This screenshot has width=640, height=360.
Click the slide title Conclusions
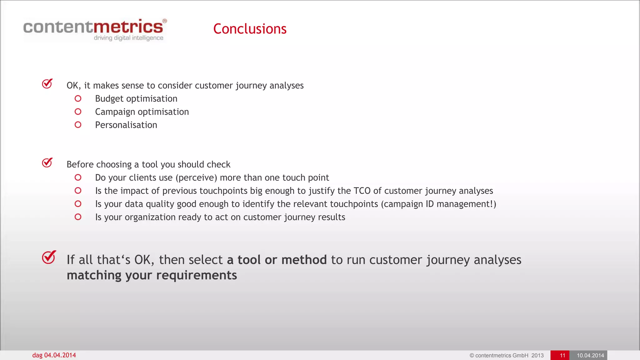250,29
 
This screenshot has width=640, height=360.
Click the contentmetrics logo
94,27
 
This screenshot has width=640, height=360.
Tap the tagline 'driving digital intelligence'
128,38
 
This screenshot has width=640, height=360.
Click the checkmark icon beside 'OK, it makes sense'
47,84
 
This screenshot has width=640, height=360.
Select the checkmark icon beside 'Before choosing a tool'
47,162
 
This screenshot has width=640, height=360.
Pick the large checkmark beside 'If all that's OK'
49,257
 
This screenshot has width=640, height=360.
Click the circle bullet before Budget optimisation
78,99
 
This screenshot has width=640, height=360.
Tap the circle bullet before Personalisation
78,125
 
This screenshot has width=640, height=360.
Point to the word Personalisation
126,125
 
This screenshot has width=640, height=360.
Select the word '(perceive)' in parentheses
196,177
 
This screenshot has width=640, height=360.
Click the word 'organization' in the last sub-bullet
151,217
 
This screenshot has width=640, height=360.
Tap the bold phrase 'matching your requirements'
152,275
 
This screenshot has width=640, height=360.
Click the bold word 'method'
304,260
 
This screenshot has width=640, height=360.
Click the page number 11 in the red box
562,355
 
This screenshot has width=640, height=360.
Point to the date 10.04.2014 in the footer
590,355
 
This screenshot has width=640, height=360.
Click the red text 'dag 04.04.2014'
54,355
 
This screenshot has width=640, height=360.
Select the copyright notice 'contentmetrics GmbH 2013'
507,355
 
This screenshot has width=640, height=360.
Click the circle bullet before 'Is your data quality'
78,204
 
